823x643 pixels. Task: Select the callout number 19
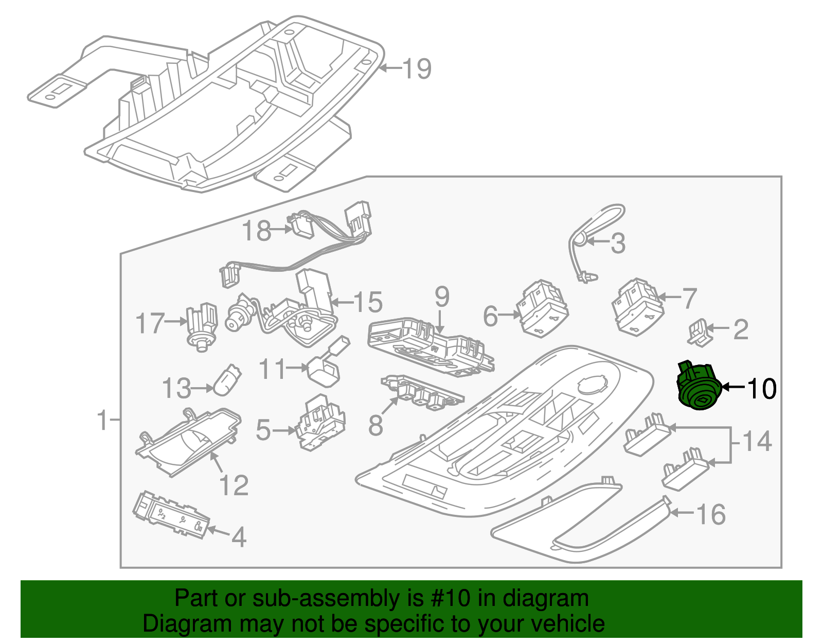coord(416,68)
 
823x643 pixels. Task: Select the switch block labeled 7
coord(637,305)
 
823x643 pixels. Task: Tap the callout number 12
coord(234,484)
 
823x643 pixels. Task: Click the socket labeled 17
coord(202,325)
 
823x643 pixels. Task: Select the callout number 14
coord(757,441)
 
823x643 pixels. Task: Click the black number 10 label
coord(761,389)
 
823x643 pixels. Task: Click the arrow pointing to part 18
coord(282,230)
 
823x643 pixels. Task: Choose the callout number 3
coord(618,243)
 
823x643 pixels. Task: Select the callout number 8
coord(376,425)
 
